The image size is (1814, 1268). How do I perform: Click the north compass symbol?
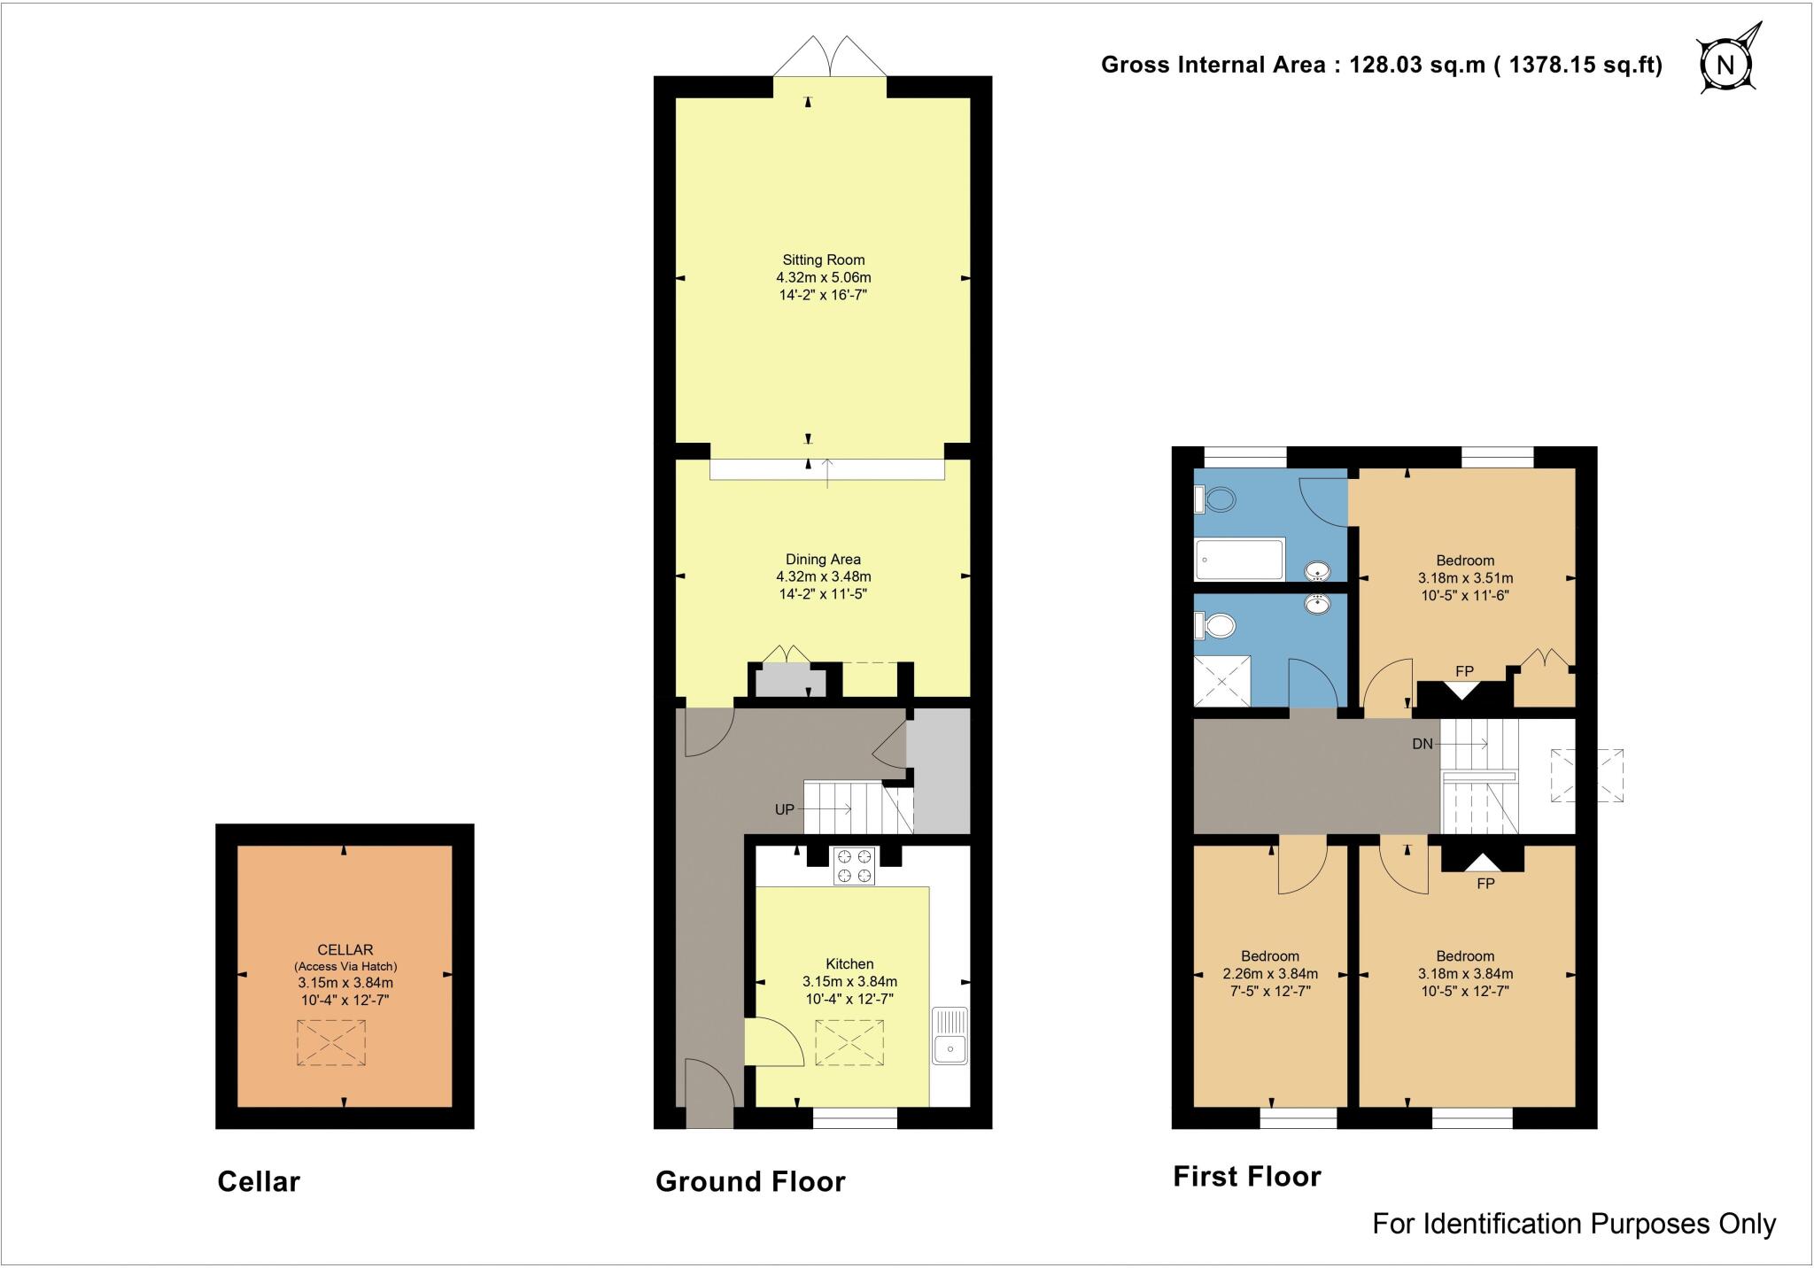(x=1725, y=65)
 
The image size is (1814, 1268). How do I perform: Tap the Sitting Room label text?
(x=823, y=260)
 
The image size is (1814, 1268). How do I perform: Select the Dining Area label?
(x=823, y=560)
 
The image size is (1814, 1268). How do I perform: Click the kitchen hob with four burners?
(x=854, y=866)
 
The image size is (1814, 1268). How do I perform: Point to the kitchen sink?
(x=950, y=1036)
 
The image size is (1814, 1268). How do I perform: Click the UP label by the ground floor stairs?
(x=785, y=809)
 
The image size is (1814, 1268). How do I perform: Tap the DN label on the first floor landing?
(x=1423, y=744)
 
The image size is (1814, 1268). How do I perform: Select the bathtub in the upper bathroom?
(x=1239, y=560)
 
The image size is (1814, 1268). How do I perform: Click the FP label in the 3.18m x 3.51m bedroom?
(x=1464, y=672)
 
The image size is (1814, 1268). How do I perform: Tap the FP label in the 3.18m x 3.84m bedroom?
(x=1485, y=884)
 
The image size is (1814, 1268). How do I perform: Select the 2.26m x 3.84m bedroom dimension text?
(x=1270, y=974)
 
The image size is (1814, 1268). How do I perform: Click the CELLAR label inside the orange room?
(x=345, y=950)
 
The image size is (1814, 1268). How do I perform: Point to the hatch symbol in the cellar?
(x=330, y=1042)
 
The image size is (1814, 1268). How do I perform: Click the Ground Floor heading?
(x=750, y=1181)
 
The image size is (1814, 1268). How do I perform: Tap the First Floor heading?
(x=1247, y=1176)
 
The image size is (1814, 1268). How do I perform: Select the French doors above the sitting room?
(x=830, y=58)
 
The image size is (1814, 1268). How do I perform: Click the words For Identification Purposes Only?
(x=1574, y=1224)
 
